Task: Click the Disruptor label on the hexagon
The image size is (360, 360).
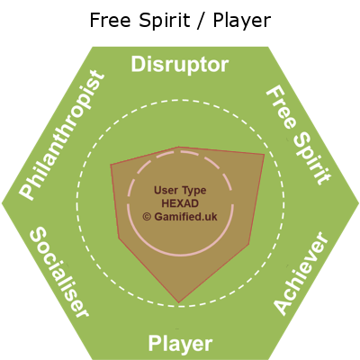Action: pyautogui.click(x=180, y=65)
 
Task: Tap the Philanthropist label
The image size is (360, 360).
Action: pyautogui.click(x=62, y=135)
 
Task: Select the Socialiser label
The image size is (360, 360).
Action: pyautogui.click(x=59, y=272)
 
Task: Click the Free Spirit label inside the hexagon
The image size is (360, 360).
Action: pyautogui.click(x=299, y=136)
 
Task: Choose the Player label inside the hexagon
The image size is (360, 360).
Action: pyautogui.click(x=180, y=344)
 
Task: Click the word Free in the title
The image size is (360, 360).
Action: pyautogui.click(x=110, y=21)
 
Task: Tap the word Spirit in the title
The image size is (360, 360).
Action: pyautogui.click(x=165, y=21)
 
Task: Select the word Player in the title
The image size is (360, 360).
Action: pyautogui.click(x=242, y=21)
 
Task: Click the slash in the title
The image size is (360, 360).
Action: pyautogui.click(x=202, y=21)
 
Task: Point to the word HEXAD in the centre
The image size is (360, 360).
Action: pyautogui.click(x=180, y=203)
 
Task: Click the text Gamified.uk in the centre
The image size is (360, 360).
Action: pyautogui.click(x=185, y=217)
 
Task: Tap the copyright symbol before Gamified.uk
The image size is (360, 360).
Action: pyautogui.click(x=147, y=217)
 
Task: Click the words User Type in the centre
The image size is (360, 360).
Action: pyautogui.click(x=180, y=190)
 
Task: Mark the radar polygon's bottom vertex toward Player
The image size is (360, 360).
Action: pyautogui.click(x=179, y=302)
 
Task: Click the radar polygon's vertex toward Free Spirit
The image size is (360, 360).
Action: pyautogui.click(x=265, y=154)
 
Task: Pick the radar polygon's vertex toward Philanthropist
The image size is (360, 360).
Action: pyautogui.click(x=111, y=165)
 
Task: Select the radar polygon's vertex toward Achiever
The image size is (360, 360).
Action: pyautogui.click(x=248, y=245)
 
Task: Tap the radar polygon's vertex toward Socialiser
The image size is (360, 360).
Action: pyautogui.click(x=119, y=238)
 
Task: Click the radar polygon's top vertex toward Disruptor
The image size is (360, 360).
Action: pyautogui.click(x=179, y=147)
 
